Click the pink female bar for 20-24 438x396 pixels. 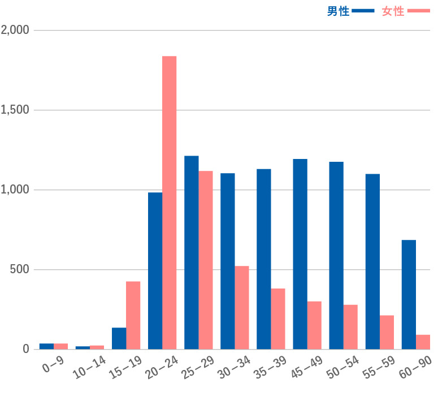pos(170,203)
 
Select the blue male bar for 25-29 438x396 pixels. pos(191,252)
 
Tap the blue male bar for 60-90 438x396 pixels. pos(409,294)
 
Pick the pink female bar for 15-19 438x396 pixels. pos(133,315)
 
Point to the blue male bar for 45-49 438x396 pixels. pos(300,254)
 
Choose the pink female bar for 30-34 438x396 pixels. pos(242,307)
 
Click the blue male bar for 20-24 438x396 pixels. pos(155,270)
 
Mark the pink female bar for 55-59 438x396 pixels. pos(387,332)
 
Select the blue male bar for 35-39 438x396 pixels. pos(264,259)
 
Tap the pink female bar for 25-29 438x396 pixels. pos(206,260)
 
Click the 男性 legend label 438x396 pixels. pos(338,11)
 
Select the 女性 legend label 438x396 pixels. pos(393,11)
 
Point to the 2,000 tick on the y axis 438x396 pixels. pos(15,30)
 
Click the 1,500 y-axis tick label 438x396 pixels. pos(15,110)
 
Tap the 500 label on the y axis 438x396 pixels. pos(20,269)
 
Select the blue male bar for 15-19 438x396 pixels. pos(119,338)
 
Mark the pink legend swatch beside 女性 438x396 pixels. pos(419,11)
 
